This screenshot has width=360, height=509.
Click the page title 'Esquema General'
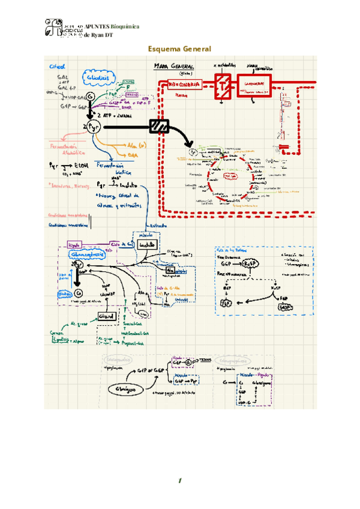pyautogui.click(x=179, y=49)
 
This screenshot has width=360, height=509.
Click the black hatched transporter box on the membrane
pyautogui.click(x=159, y=127)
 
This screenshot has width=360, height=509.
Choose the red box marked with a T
pyautogui.click(x=223, y=85)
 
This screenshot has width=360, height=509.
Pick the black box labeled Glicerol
pyautogui.click(x=106, y=316)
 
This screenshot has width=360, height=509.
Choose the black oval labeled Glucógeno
pyautogui.click(x=122, y=390)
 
